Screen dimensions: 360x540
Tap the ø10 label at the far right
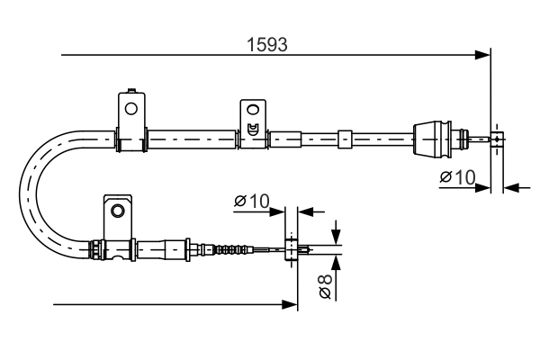(x=457, y=177)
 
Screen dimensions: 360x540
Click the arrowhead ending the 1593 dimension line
(x=483, y=56)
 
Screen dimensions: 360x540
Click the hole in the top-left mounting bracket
(x=131, y=109)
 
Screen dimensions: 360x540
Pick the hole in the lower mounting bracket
(x=115, y=211)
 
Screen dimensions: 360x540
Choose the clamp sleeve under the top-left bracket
(x=132, y=139)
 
